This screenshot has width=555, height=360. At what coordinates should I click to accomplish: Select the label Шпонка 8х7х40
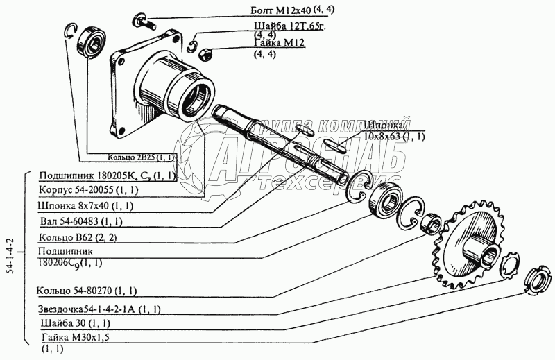point(86,206)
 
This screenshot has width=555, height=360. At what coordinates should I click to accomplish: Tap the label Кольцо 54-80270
point(89,290)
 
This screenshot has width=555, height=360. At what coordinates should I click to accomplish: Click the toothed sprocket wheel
point(472,242)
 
